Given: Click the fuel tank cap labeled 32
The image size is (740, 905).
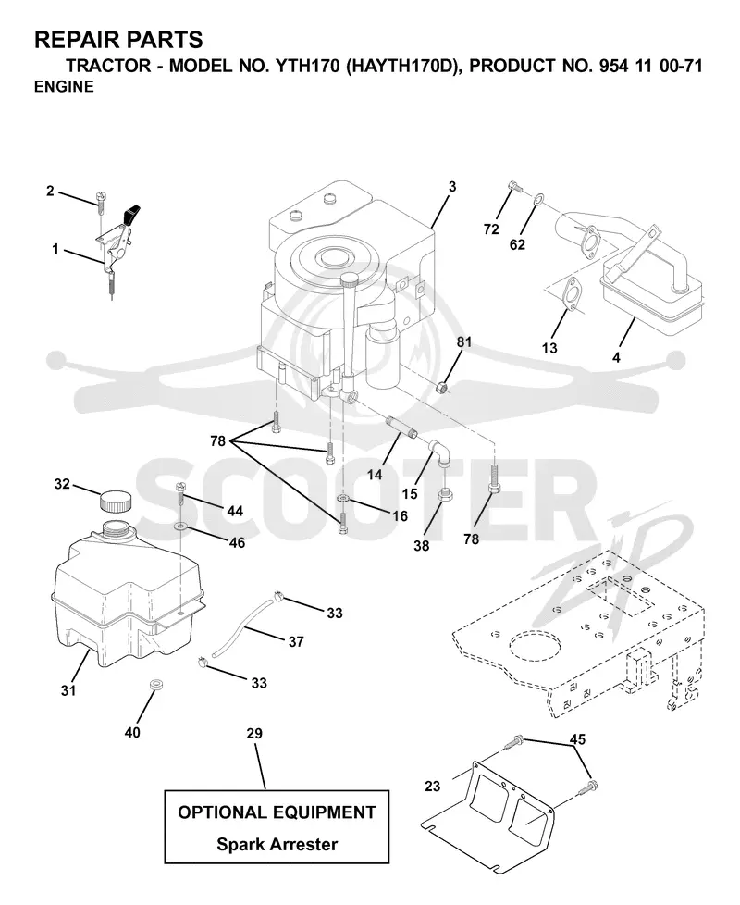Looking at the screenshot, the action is coord(116,501).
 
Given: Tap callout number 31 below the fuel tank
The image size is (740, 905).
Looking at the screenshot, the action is coord(68,689).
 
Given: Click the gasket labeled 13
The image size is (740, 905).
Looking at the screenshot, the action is coord(571,292).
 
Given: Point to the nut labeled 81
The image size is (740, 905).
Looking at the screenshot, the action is coord(442,387).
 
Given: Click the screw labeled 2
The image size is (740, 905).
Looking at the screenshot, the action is coord(102,200).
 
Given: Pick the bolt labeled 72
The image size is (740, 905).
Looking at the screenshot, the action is coord(515,186).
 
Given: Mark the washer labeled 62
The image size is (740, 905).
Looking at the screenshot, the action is coord(537,199).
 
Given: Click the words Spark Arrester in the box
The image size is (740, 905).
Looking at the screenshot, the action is coord(277,844).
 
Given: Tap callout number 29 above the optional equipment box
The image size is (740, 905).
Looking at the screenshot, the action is coord(254,733).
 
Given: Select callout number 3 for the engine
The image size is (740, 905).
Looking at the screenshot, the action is coord(452,186).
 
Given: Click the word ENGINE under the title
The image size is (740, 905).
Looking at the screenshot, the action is coord(64,87).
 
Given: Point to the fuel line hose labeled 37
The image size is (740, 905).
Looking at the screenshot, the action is coord(242,628).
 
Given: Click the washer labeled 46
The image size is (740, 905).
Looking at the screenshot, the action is coord(181,527).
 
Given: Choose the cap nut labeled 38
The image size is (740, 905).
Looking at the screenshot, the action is coord(446,495).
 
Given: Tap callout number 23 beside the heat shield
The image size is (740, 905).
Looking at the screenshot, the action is coord(433,787).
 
